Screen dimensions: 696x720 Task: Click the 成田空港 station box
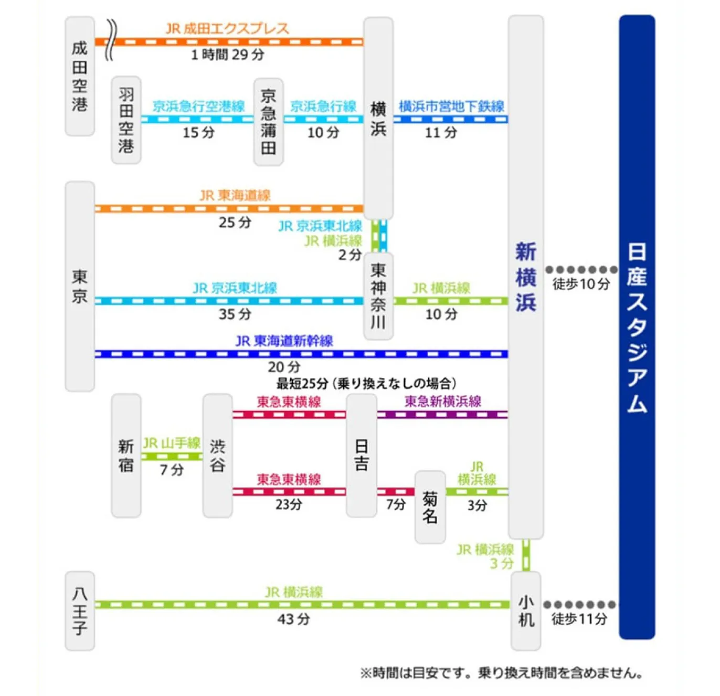(80, 76)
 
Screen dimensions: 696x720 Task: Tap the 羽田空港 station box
(126, 120)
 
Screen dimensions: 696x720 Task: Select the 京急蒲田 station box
(268, 122)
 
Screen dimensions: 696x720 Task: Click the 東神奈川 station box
(378, 296)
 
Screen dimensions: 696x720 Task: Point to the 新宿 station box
(126, 456)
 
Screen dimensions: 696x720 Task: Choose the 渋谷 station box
(217, 456)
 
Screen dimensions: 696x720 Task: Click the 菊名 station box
(430, 507)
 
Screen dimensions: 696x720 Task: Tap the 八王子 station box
(80, 611)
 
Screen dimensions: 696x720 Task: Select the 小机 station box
(525, 611)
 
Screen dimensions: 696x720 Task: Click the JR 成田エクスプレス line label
(227, 28)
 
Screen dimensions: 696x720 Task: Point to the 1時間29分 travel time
(227, 55)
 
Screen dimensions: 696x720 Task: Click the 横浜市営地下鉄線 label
(451, 107)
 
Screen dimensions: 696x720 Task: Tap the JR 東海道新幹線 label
(284, 341)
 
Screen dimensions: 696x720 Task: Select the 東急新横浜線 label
(443, 402)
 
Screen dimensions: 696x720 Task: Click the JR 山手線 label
(172, 443)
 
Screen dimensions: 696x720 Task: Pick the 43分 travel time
(293, 619)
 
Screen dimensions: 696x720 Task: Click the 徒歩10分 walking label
(581, 284)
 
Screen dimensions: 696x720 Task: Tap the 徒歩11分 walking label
(579, 619)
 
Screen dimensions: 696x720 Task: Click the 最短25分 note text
(366, 383)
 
